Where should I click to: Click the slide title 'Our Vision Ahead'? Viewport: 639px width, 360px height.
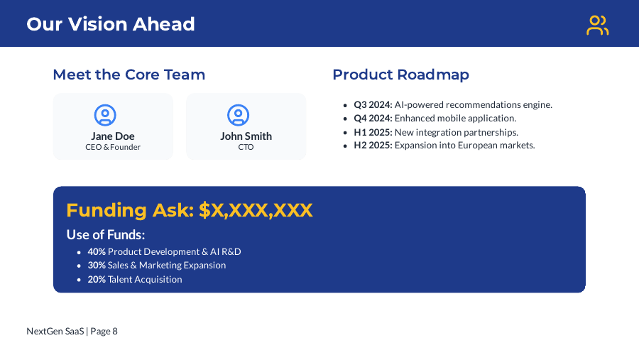tap(111, 24)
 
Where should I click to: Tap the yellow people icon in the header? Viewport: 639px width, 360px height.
tap(597, 25)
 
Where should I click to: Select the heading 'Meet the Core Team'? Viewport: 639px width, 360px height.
tap(129, 75)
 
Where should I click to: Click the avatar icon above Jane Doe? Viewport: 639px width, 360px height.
tap(105, 115)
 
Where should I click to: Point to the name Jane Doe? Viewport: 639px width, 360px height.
tap(113, 136)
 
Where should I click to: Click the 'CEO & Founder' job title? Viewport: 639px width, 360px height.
tap(113, 147)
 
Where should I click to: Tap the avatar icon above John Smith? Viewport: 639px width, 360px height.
tap(239, 115)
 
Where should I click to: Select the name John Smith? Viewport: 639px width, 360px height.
tap(246, 136)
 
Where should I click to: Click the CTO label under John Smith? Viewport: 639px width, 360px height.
tap(246, 147)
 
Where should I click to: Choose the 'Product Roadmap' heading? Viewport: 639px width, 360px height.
tap(400, 75)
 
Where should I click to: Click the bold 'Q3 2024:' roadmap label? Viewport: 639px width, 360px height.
tap(373, 104)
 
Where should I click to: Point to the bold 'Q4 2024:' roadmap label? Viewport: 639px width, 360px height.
tap(373, 118)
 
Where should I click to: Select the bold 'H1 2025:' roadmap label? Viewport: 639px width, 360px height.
tap(373, 132)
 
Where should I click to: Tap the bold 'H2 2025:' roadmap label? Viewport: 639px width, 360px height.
tap(373, 145)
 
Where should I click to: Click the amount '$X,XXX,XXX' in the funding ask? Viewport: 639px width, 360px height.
tap(256, 210)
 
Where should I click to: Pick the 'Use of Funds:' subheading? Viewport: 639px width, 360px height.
tap(106, 234)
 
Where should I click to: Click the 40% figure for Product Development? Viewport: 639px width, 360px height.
tap(97, 251)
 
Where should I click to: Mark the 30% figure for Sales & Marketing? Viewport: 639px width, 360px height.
tap(97, 265)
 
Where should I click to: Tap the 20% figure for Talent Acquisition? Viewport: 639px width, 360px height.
tap(97, 279)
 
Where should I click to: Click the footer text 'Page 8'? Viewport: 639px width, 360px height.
tap(104, 331)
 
